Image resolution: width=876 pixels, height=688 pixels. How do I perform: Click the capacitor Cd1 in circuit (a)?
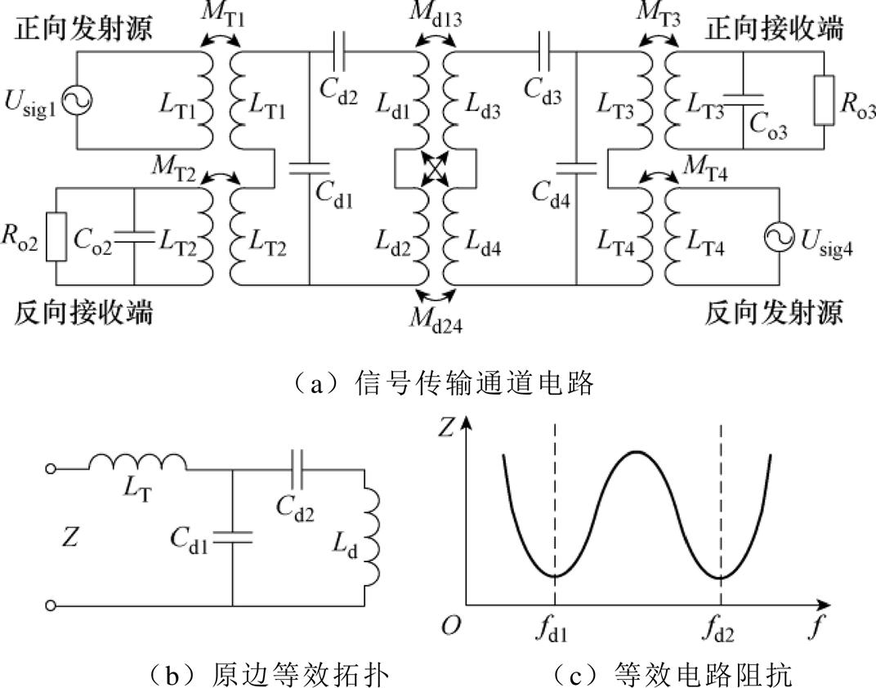tap(310, 168)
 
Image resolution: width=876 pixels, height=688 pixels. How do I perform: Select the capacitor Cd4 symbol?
tap(576, 168)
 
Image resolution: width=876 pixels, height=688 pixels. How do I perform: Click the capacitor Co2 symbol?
tap(133, 236)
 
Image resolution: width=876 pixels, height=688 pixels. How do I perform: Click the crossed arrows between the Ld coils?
tap(434, 169)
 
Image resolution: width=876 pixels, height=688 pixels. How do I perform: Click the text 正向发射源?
tap(83, 30)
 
